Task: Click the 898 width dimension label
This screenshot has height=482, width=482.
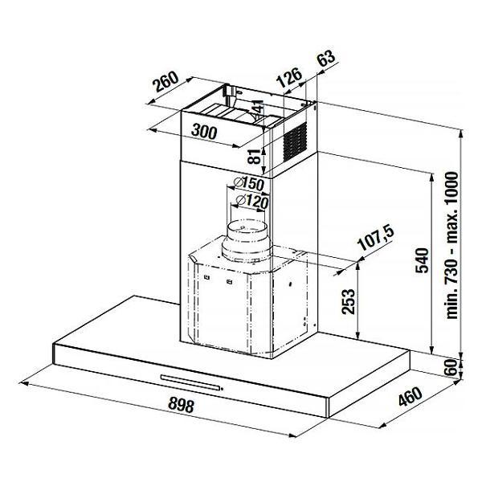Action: [182, 405]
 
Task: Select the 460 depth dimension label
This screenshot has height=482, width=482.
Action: [411, 397]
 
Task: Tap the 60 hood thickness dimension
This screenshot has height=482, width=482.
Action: [451, 367]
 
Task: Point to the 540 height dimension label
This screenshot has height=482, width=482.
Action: [422, 260]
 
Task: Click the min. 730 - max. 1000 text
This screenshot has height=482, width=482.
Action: [451, 245]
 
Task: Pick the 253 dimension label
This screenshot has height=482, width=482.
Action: [349, 301]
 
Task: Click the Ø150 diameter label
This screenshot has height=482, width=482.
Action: [249, 183]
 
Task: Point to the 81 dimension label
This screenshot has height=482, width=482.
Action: [255, 156]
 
